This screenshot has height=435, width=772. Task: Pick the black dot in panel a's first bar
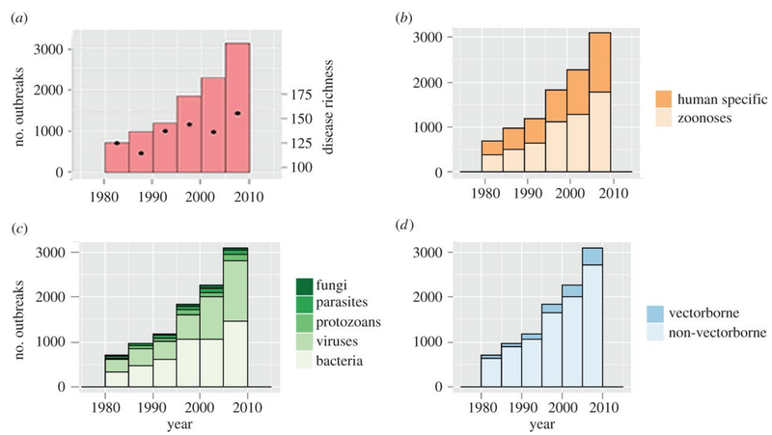click(117, 143)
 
